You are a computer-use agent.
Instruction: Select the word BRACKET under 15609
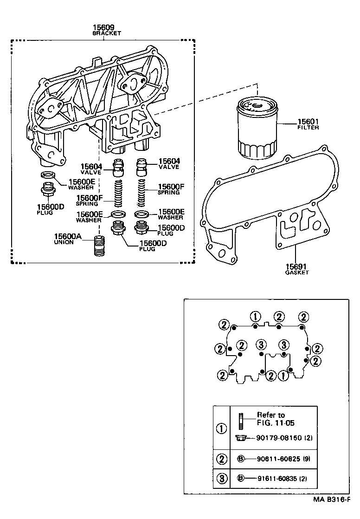[106, 34]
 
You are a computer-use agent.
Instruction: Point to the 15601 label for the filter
[308, 122]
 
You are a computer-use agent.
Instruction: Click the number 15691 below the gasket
[296, 266]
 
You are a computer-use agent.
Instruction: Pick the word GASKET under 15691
[296, 273]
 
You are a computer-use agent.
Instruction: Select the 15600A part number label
[68, 237]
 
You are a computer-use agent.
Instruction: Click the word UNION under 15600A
[64, 242]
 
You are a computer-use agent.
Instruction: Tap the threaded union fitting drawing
[98, 246]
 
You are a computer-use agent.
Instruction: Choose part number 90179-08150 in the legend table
[277, 438]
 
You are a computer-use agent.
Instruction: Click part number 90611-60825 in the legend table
[277, 459]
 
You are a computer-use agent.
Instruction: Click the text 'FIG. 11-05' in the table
[276, 423]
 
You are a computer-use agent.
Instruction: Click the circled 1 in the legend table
[222, 428]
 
